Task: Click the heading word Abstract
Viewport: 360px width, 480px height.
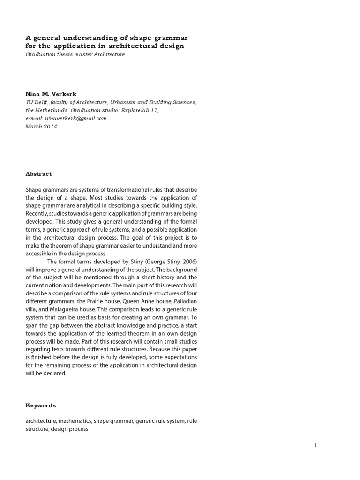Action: coord(38,174)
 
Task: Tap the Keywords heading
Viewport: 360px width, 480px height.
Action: coord(40,405)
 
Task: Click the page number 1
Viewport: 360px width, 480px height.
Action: coord(315,445)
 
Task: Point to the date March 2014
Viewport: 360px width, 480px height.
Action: coord(41,126)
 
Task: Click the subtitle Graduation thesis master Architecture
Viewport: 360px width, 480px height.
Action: coord(75,54)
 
